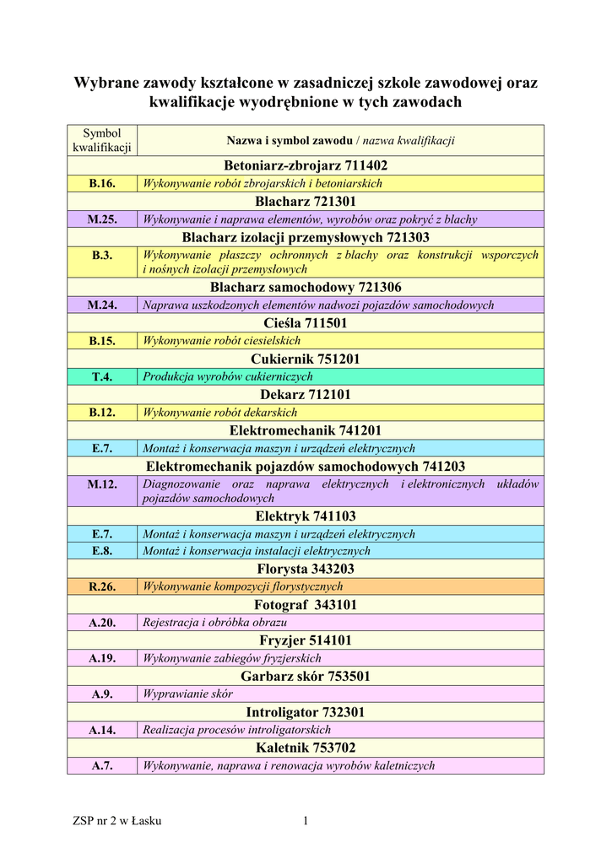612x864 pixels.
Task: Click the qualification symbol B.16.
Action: pos(101,183)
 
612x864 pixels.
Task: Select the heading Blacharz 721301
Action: pos(306,202)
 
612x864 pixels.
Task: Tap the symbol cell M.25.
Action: pos(101,219)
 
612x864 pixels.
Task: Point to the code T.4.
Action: pos(101,376)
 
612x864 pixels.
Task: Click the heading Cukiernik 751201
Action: pos(306,359)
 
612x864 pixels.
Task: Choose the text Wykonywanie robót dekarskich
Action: pos(220,413)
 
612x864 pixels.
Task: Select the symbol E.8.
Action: pos(101,551)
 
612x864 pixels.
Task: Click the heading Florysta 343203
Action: pos(306,570)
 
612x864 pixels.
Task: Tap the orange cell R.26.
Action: pos(101,586)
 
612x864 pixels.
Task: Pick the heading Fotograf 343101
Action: pos(306,605)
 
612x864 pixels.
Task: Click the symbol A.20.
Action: pos(101,623)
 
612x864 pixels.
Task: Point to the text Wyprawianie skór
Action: pos(187,694)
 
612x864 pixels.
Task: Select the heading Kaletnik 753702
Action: pos(306,748)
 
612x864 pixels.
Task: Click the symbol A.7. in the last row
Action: pos(101,765)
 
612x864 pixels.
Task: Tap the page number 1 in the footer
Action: pos(306,821)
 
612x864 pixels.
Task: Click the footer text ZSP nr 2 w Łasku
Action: pos(117,821)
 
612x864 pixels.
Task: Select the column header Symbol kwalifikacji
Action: pos(101,140)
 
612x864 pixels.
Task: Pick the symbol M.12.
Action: pos(101,484)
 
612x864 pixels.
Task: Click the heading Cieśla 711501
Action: pos(306,323)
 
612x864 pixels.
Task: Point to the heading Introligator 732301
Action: pos(306,712)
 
